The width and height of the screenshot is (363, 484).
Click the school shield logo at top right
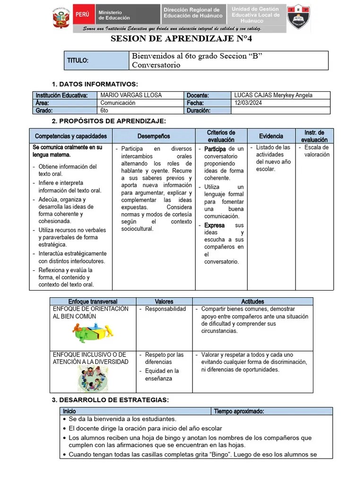click(298, 17)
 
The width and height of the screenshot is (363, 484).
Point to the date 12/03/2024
click(248, 103)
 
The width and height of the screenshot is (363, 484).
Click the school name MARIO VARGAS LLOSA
click(131, 95)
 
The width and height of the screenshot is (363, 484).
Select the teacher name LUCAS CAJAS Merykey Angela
click(273, 95)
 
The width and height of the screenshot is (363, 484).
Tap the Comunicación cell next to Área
click(118, 103)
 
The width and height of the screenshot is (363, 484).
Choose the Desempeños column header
click(154, 136)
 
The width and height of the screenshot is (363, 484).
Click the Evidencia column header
click(271, 136)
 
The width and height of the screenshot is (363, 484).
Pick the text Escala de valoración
click(317, 151)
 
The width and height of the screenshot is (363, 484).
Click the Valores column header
click(164, 301)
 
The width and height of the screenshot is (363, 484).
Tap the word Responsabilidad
click(165, 309)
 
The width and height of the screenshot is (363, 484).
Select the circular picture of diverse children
click(93, 378)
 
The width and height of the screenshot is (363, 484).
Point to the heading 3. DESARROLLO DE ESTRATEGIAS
click(110, 400)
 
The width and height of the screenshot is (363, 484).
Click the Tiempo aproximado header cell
click(239, 411)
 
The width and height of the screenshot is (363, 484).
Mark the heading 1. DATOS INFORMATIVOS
click(95, 84)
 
